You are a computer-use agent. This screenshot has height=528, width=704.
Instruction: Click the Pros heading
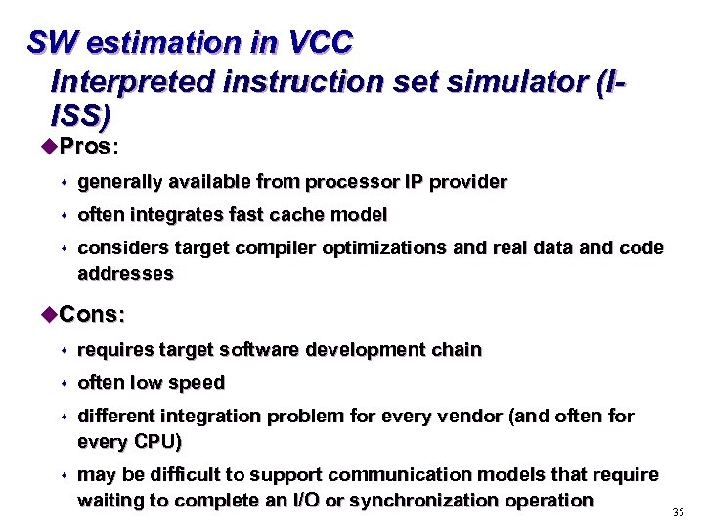pyautogui.click(x=85, y=148)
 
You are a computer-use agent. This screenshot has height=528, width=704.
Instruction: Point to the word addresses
pyautogui.click(x=125, y=275)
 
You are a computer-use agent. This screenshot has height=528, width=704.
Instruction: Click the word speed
pyautogui.click(x=198, y=383)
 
